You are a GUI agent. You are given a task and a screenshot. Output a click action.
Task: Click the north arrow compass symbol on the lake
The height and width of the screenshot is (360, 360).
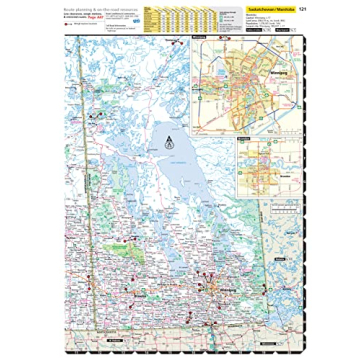(x=168, y=139)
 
